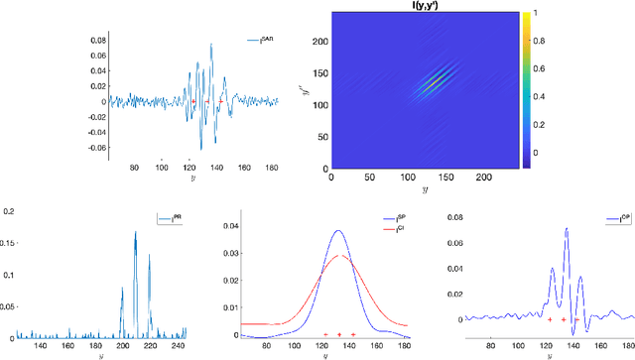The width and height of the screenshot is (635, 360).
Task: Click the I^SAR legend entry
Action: click(263, 40)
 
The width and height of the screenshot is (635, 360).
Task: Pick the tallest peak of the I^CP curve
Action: click(567, 229)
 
